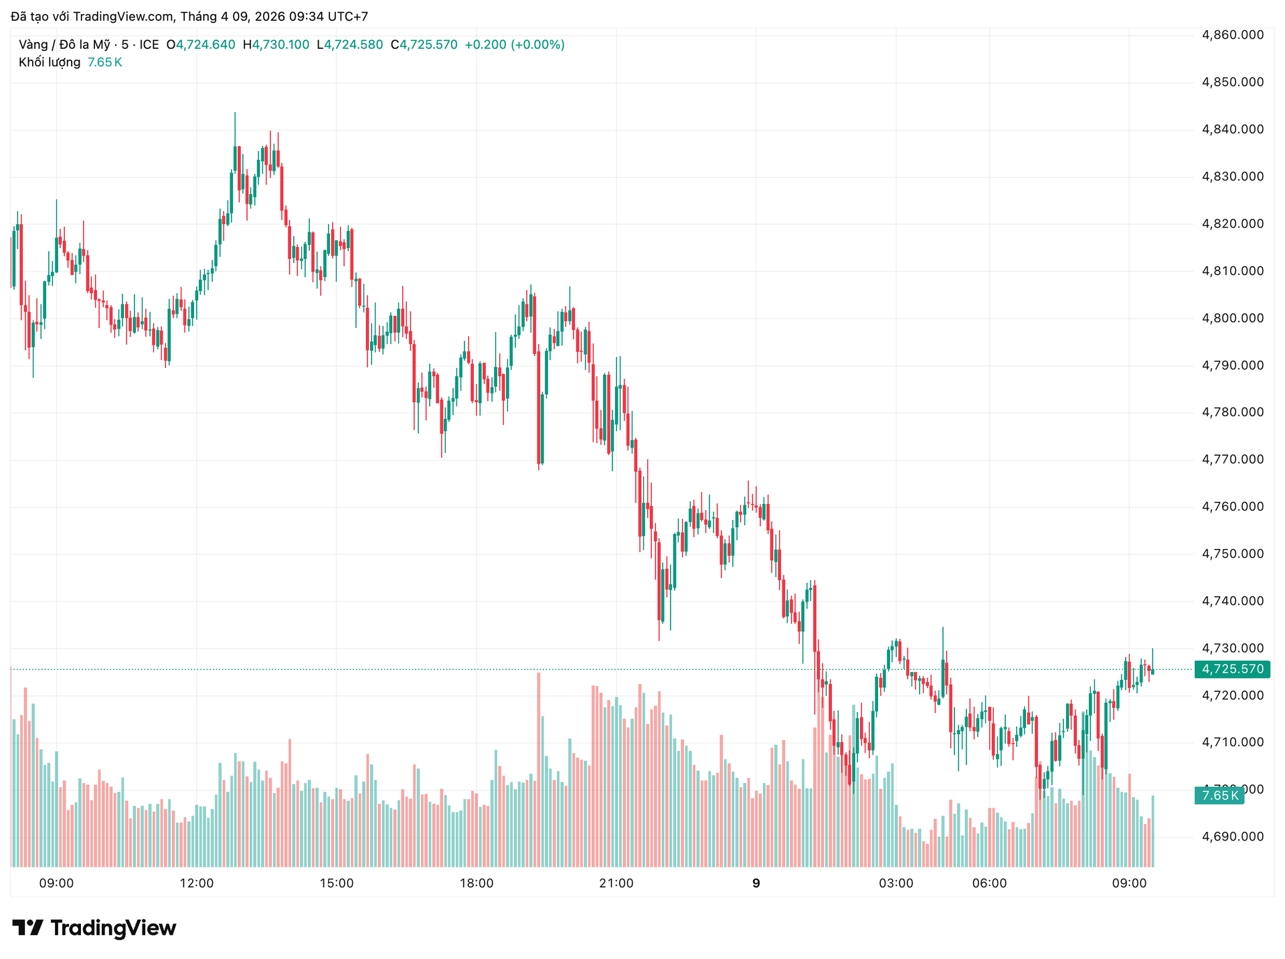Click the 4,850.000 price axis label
[1233, 82]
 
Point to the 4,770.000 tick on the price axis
[1233, 459]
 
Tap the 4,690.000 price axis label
[1233, 837]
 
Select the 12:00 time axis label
[197, 883]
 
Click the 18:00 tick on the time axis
[477, 883]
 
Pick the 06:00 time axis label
[989, 883]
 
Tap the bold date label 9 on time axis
[756, 883]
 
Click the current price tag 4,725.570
[1232, 669]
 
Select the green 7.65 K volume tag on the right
[1219, 796]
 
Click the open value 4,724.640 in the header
[205, 45]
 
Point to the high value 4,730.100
[280, 45]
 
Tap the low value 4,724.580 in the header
[353, 45]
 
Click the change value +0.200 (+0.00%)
[515, 45]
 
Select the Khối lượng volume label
[50, 62]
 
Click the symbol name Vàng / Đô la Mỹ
[64, 45]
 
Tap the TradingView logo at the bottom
[94, 928]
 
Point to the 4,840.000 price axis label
[1233, 129]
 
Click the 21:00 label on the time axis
[616, 883]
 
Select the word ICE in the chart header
[149, 45]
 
